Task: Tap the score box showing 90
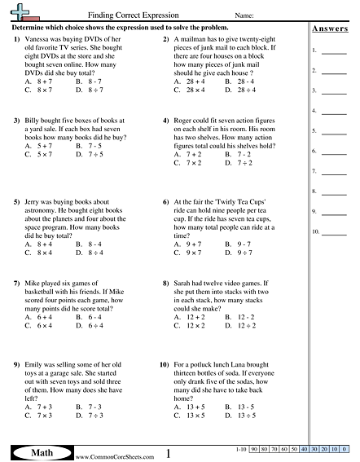coord(255,450)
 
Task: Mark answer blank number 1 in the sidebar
coord(333,51)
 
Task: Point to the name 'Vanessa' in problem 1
coord(39,39)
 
